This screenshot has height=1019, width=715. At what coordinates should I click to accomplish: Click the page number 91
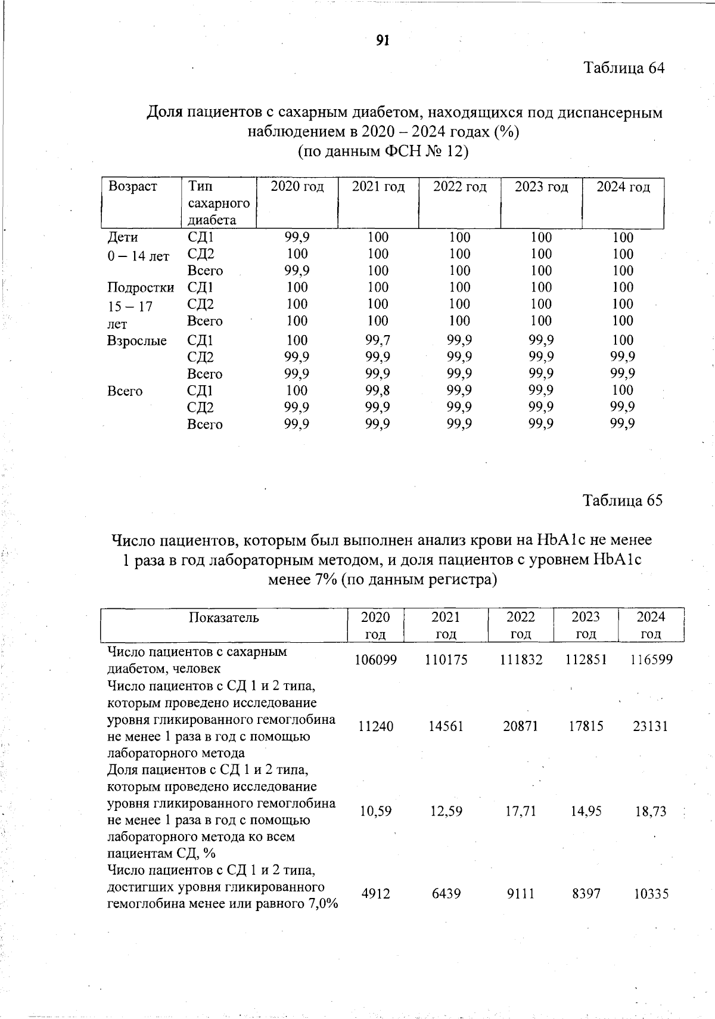[383, 41]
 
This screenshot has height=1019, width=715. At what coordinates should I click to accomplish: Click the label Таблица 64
[623, 68]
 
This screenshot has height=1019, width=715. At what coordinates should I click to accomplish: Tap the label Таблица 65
[622, 500]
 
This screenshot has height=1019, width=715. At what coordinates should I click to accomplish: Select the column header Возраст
[133, 187]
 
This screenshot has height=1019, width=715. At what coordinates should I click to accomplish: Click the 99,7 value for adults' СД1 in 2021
[378, 340]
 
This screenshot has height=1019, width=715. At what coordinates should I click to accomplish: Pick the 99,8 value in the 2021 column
[378, 391]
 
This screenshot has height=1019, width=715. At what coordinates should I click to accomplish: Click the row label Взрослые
[136, 341]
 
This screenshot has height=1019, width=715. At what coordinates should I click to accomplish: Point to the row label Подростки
[141, 288]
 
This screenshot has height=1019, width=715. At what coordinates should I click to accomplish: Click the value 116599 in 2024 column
[651, 660]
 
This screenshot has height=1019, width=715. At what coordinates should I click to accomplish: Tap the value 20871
[521, 726]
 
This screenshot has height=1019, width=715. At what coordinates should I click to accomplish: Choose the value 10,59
[375, 812]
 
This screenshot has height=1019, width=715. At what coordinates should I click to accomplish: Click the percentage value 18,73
[651, 812]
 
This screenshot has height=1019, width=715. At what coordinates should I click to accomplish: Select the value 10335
[651, 894]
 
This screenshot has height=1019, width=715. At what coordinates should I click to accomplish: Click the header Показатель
[224, 618]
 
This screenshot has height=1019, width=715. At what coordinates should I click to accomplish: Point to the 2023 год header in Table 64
[541, 187]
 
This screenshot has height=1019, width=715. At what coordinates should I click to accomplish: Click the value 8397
[586, 894]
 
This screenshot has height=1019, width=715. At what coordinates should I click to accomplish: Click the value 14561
[446, 726]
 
